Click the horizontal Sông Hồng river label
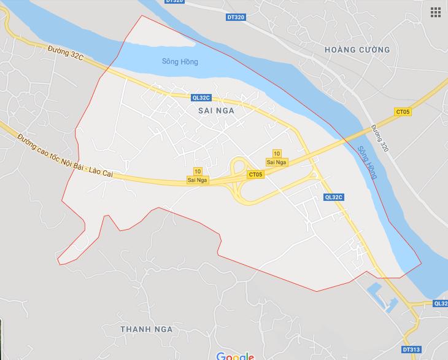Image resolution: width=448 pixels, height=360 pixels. click(x=180, y=62)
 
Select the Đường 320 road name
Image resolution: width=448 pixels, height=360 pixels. click(x=379, y=139)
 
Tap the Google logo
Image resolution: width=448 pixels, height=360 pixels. click(x=234, y=356)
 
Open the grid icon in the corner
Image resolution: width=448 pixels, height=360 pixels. click(x=436, y=12)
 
